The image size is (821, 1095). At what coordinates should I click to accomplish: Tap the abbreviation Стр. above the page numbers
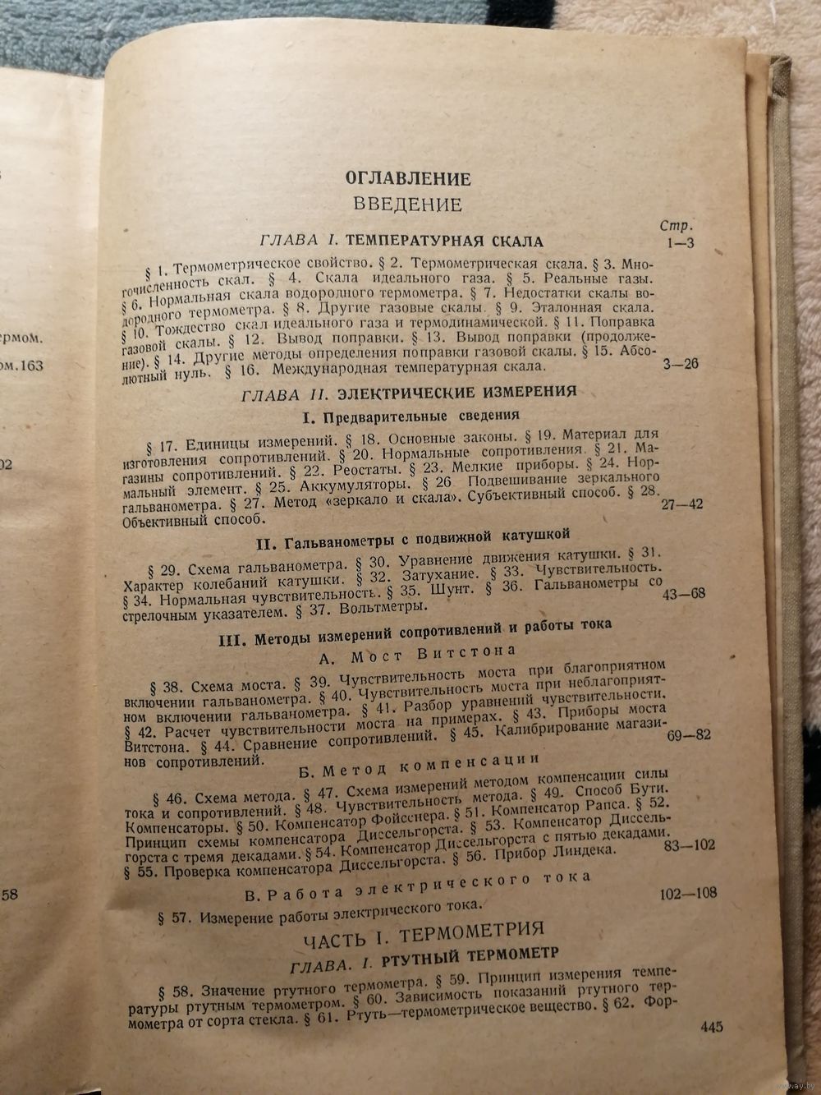pyautogui.click(x=677, y=226)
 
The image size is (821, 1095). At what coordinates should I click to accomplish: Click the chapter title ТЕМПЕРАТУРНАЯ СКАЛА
pyautogui.click(x=444, y=242)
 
